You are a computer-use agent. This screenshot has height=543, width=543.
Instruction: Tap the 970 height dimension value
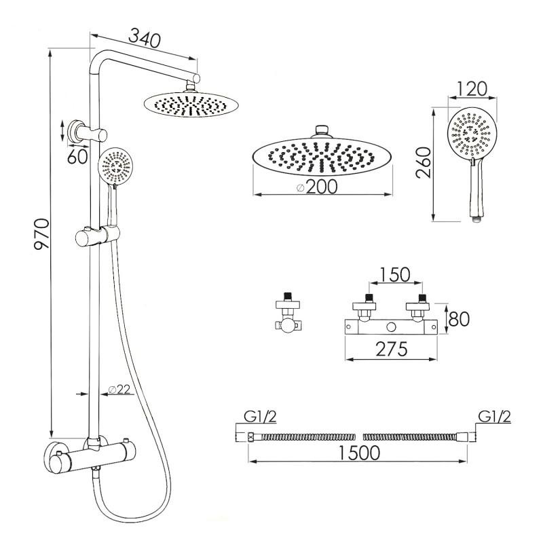41,234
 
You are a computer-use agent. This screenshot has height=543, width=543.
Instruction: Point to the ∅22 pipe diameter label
119,390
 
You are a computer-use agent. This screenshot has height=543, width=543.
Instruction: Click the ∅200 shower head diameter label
316,187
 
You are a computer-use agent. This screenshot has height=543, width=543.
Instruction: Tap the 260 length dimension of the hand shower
424,164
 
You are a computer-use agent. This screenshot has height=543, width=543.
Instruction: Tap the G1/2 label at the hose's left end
249,417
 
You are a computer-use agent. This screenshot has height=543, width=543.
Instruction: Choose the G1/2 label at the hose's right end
494,417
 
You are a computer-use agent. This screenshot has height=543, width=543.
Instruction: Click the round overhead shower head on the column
191,105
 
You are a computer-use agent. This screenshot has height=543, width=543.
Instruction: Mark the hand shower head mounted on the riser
117,167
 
